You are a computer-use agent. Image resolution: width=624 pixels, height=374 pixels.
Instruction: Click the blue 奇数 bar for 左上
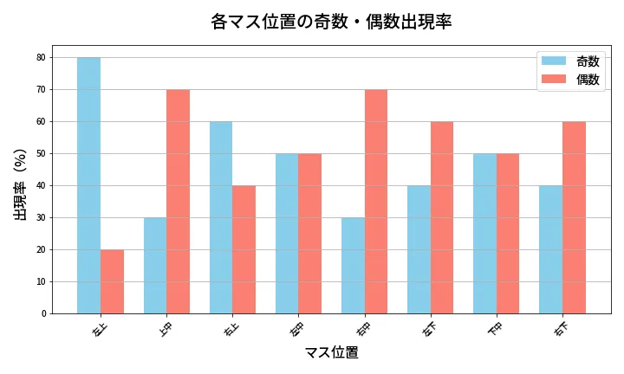(x=88, y=185)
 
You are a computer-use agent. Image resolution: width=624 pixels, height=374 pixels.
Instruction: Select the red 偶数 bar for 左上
(x=112, y=281)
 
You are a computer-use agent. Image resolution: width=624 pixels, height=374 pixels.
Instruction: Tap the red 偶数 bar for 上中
(x=178, y=201)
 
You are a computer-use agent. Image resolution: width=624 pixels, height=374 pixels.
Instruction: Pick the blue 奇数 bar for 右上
(x=221, y=217)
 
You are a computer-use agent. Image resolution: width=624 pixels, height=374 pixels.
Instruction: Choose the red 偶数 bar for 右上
(x=244, y=249)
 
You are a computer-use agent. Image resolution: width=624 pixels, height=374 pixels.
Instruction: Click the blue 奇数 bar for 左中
(x=287, y=234)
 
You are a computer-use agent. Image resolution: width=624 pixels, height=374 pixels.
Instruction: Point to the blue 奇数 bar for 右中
(x=353, y=266)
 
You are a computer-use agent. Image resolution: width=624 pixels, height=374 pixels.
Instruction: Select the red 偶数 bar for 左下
(x=441, y=217)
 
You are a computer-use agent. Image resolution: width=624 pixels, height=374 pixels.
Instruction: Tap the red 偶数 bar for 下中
(x=507, y=234)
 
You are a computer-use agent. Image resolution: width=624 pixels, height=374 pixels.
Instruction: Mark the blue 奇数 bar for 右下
(x=550, y=249)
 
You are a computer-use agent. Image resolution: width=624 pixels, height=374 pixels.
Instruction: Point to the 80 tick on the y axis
(x=41, y=58)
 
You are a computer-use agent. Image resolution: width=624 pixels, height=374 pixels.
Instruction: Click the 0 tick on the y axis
(x=43, y=313)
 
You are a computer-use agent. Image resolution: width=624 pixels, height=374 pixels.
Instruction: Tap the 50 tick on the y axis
(x=41, y=154)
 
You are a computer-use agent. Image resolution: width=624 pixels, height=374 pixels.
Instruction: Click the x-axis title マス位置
(x=331, y=352)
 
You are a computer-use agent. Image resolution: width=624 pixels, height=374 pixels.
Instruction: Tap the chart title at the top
(x=331, y=22)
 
